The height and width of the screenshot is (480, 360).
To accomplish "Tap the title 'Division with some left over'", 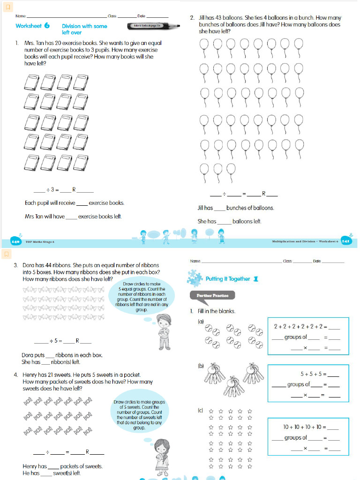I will coord(84,30).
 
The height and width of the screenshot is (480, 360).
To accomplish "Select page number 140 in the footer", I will coord(15,241).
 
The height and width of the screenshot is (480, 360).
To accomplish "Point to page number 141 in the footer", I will coord(345,241).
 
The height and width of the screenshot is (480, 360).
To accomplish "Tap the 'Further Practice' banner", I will coord(212,295).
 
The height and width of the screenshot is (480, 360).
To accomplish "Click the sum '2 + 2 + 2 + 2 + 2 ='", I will coord(300,326).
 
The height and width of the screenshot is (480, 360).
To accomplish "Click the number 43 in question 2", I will coord(219,18).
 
